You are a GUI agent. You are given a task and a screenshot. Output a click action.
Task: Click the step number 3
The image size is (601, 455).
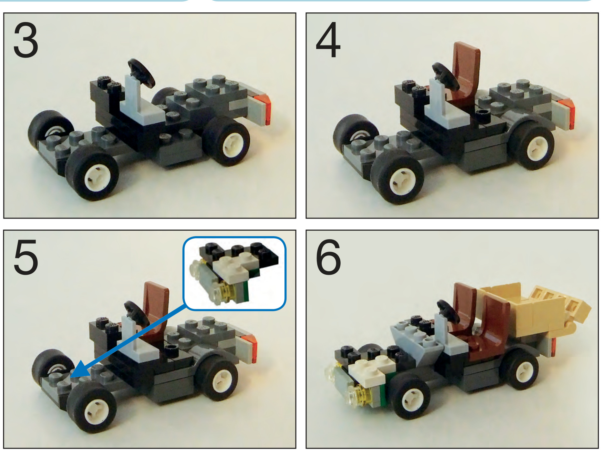point(26,41)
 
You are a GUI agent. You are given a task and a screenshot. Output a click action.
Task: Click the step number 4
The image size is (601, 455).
point(328,40)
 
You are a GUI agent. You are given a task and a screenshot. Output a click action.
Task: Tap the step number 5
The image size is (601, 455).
point(26,257)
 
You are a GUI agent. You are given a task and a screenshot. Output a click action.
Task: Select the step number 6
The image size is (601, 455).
point(328,257)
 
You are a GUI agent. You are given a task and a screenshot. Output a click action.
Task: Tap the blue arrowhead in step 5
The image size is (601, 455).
point(80,370)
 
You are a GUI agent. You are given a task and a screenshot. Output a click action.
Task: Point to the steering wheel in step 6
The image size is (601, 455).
point(449,310)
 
